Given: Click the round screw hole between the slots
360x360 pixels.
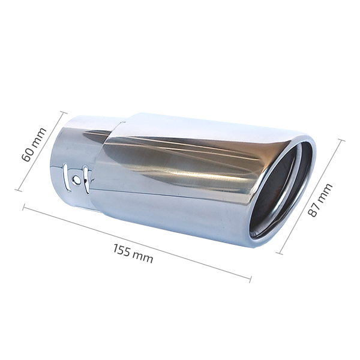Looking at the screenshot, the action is (x=76, y=179).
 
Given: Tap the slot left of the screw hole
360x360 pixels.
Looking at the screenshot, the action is (x=66, y=177).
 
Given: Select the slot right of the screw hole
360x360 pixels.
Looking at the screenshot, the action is (x=85, y=179).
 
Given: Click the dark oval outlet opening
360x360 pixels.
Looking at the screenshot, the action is (x=281, y=191).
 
